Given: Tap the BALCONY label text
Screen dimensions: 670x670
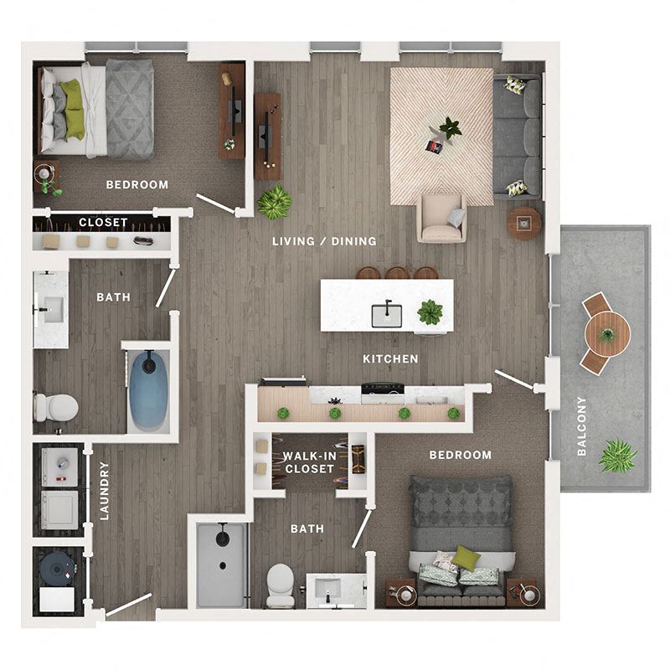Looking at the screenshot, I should [x=581, y=426].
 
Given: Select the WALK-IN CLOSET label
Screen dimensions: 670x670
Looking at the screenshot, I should [x=310, y=462].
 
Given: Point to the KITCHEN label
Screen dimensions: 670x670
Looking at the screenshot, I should [x=390, y=358].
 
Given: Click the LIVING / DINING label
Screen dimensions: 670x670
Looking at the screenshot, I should [x=324, y=241].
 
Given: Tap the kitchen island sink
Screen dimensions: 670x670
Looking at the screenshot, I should [x=386, y=315].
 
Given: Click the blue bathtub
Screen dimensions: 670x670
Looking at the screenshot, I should [x=150, y=390].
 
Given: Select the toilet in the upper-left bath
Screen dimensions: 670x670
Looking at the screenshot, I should [x=56, y=408].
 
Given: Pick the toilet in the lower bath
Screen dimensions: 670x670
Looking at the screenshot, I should [x=280, y=585].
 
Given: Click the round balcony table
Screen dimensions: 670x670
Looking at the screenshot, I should [x=607, y=333].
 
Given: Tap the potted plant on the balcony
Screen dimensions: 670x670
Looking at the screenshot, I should [x=617, y=456].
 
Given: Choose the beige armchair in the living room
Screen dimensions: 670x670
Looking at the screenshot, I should [x=441, y=218].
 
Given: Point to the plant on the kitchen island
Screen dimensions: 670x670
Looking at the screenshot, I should [x=430, y=312].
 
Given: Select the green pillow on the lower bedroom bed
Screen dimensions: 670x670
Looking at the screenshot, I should [x=466, y=557].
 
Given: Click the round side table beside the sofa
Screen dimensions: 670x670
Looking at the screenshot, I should [x=524, y=223].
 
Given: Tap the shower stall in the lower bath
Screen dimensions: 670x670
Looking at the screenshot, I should [x=221, y=566].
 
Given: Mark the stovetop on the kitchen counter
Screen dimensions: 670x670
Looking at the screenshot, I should [x=382, y=389].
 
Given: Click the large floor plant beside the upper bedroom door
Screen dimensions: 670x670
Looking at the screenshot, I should [x=275, y=202].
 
